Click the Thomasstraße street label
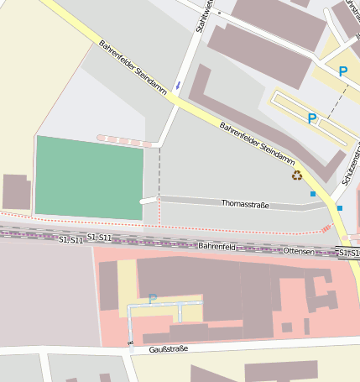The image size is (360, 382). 245,204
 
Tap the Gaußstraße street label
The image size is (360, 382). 168,348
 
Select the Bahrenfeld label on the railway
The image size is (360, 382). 217,247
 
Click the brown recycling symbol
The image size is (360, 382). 296,175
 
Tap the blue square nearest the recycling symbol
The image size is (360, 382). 313,194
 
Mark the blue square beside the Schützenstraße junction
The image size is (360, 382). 340,207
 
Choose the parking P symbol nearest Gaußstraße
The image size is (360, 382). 152,298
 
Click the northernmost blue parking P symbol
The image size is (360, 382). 342,72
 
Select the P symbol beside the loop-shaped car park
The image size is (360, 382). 312,119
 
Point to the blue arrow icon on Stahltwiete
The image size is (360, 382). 178,86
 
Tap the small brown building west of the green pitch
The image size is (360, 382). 17,191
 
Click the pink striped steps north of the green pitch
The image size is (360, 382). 124,140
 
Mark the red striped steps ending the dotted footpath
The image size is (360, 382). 326,228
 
